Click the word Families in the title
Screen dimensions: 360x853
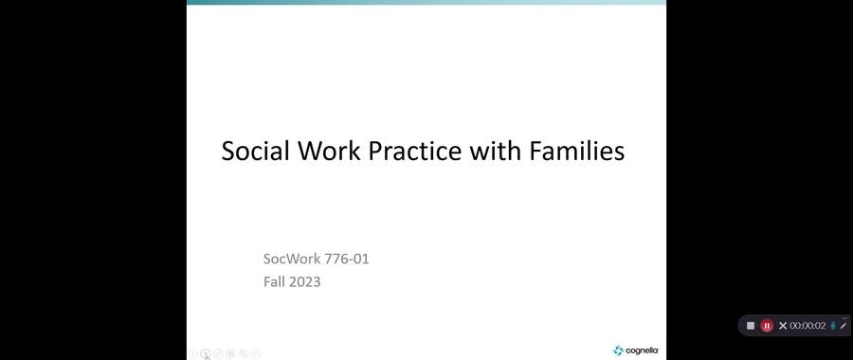click(577, 151)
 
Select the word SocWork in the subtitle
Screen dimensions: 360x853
click(291, 259)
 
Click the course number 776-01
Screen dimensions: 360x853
click(346, 259)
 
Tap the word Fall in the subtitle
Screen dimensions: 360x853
click(275, 281)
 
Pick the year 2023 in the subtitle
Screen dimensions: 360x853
click(305, 281)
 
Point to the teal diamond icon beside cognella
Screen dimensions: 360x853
click(618, 351)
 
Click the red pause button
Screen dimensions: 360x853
click(767, 326)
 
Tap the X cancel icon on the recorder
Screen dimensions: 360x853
click(783, 326)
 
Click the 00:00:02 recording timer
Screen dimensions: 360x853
click(808, 326)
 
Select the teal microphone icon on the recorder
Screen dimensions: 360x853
click(833, 326)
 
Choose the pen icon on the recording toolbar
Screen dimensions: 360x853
click(844, 325)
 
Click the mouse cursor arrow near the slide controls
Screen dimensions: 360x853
click(208, 357)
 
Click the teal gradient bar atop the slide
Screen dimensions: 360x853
click(426, 3)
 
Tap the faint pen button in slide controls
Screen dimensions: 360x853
click(218, 353)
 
